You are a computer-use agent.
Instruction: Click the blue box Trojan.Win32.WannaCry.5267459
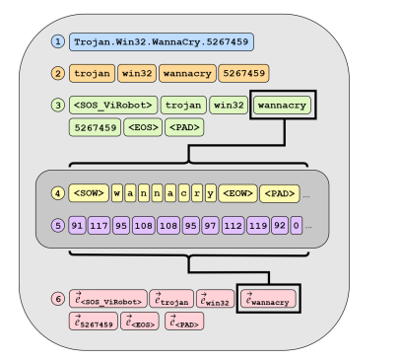[162, 42]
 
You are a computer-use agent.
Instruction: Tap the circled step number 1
[57, 41]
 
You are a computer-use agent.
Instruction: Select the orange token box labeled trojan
[91, 73]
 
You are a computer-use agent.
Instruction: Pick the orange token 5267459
[242, 73]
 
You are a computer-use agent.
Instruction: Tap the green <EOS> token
[143, 127]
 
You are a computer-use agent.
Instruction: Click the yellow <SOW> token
[89, 193]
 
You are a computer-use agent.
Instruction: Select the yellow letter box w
[117, 193]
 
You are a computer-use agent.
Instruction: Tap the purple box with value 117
[99, 225]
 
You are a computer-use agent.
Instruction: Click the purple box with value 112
[233, 225]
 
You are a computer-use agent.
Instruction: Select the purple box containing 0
[296, 225]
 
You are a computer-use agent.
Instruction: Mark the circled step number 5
[57, 225]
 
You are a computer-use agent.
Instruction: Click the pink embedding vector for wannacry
[268, 299]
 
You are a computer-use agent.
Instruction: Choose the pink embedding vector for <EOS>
[139, 322]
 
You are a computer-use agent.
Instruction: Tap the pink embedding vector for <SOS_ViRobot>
[107, 299]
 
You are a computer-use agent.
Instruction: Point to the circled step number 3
[57, 105]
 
